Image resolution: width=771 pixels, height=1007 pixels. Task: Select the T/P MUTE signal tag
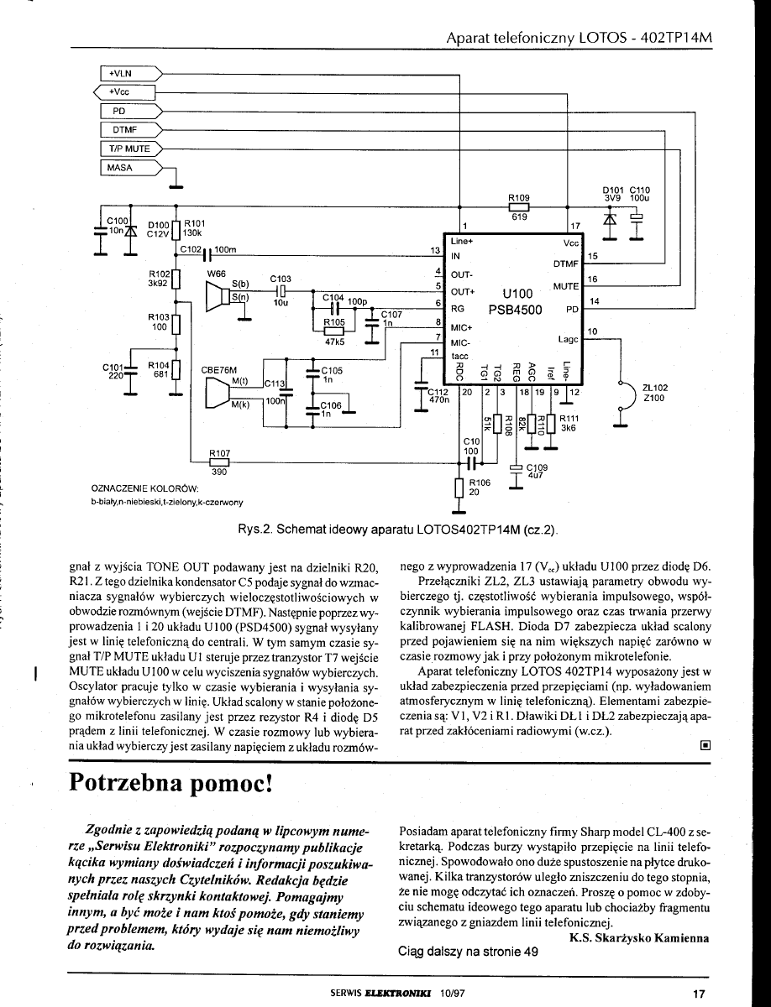pyautogui.click(x=126, y=149)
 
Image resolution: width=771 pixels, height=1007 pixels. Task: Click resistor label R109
pyautogui.click(x=520, y=198)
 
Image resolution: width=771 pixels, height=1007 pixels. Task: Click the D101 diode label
pyautogui.click(x=616, y=189)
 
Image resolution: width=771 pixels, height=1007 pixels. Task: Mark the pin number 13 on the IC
pyautogui.click(x=435, y=250)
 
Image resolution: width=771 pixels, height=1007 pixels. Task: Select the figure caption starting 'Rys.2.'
pyautogui.click(x=399, y=532)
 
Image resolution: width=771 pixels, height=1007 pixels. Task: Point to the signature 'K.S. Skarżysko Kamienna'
pyautogui.click(x=638, y=937)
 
